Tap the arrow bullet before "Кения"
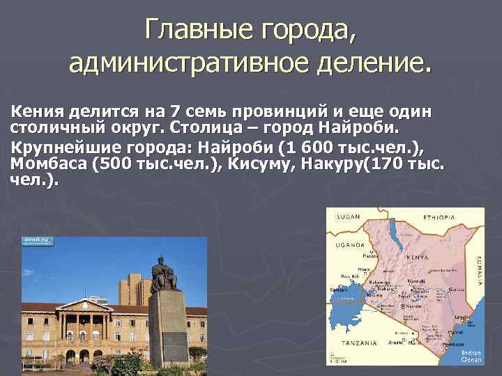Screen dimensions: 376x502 pos(5,113)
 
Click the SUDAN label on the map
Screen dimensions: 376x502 pos(349,217)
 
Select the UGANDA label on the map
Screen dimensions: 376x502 pos(349,245)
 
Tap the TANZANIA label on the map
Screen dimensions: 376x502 pos(359,343)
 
